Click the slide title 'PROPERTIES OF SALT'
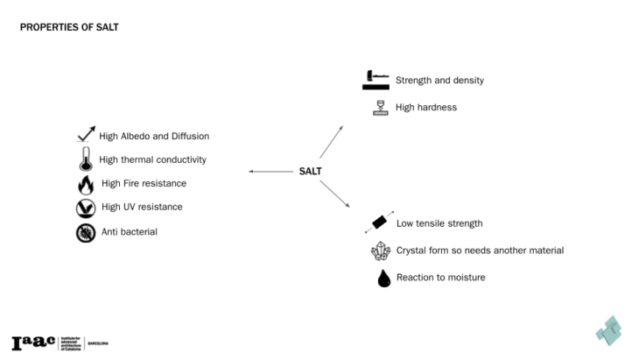pyautogui.click(x=69, y=27)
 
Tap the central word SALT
pyautogui.click(x=312, y=172)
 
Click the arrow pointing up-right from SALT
pyautogui.click(x=331, y=142)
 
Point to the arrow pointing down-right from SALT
pyautogui.click(x=334, y=194)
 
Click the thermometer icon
pyautogui.click(x=85, y=159)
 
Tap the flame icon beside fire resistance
pyautogui.click(x=85, y=184)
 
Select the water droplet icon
pyautogui.click(x=383, y=278)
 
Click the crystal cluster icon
pyautogui.click(x=381, y=251)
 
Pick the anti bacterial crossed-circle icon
pyautogui.click(x=85, y=232)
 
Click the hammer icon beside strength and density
pyautogui.click(x=376, y=80)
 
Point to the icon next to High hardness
pyautogui.click(x=381, y=108)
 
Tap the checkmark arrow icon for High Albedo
pyautogui.click(x=85, y=135)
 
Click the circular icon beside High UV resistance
pyautogui.click(x=85, y=208)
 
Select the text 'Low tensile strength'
pyautogui.click(x=439, y=223)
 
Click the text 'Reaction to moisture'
pyautogui.click(x=440, y=278)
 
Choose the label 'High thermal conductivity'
pyautogui.click(x=152, y=159)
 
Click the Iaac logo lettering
pyautogui.click(x=32, y=342)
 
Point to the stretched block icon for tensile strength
pyautogui.click(x=379, y=222)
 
